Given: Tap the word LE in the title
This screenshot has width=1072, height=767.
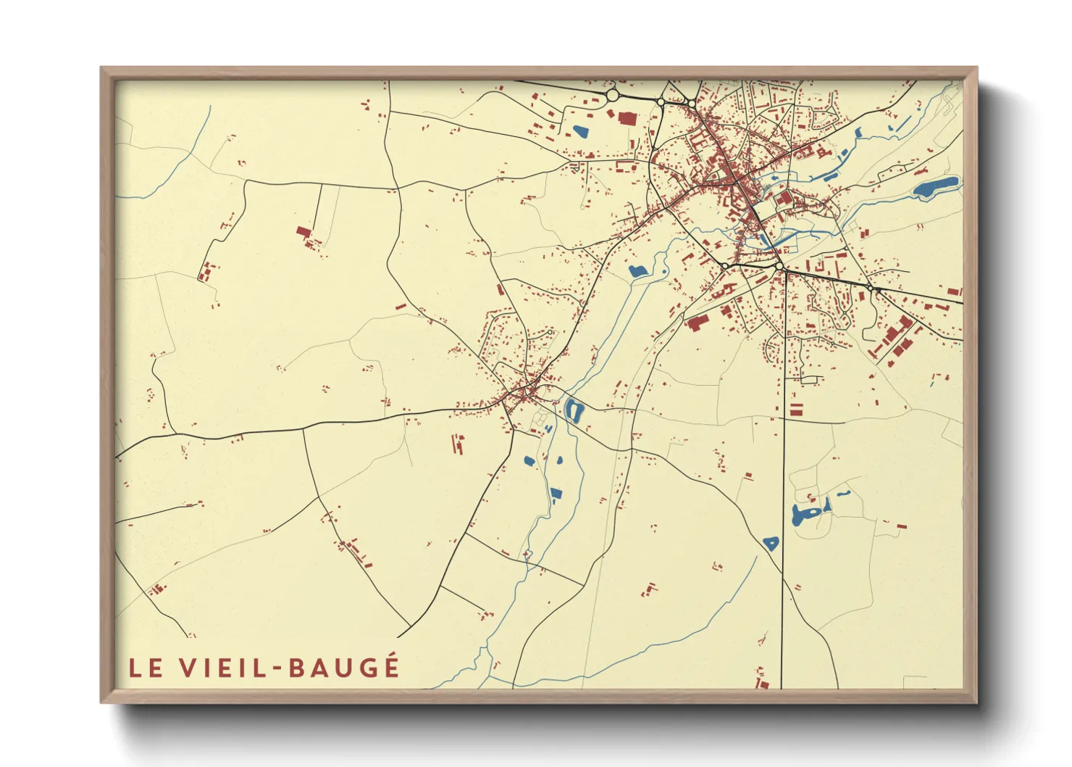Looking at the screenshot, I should (146, 668).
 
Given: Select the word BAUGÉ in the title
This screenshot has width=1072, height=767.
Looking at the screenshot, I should (344, 667).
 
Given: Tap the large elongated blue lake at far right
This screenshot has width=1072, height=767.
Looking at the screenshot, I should (936, 188).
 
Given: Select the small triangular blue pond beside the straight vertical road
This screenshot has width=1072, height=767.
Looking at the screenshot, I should (771, 543).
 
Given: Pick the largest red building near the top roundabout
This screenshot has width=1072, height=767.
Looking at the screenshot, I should (627, 118).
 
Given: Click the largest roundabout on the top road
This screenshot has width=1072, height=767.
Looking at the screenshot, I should (612, 95).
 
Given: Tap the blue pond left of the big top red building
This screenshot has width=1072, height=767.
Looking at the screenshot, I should (580, 132).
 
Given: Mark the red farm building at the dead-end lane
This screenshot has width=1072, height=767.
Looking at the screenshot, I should (303, 232).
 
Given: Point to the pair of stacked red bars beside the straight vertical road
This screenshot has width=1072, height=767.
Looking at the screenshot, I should (795, 408).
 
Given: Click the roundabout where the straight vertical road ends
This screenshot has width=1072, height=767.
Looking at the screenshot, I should (779, 268).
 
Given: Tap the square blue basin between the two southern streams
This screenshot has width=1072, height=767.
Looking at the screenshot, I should (556, 494).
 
